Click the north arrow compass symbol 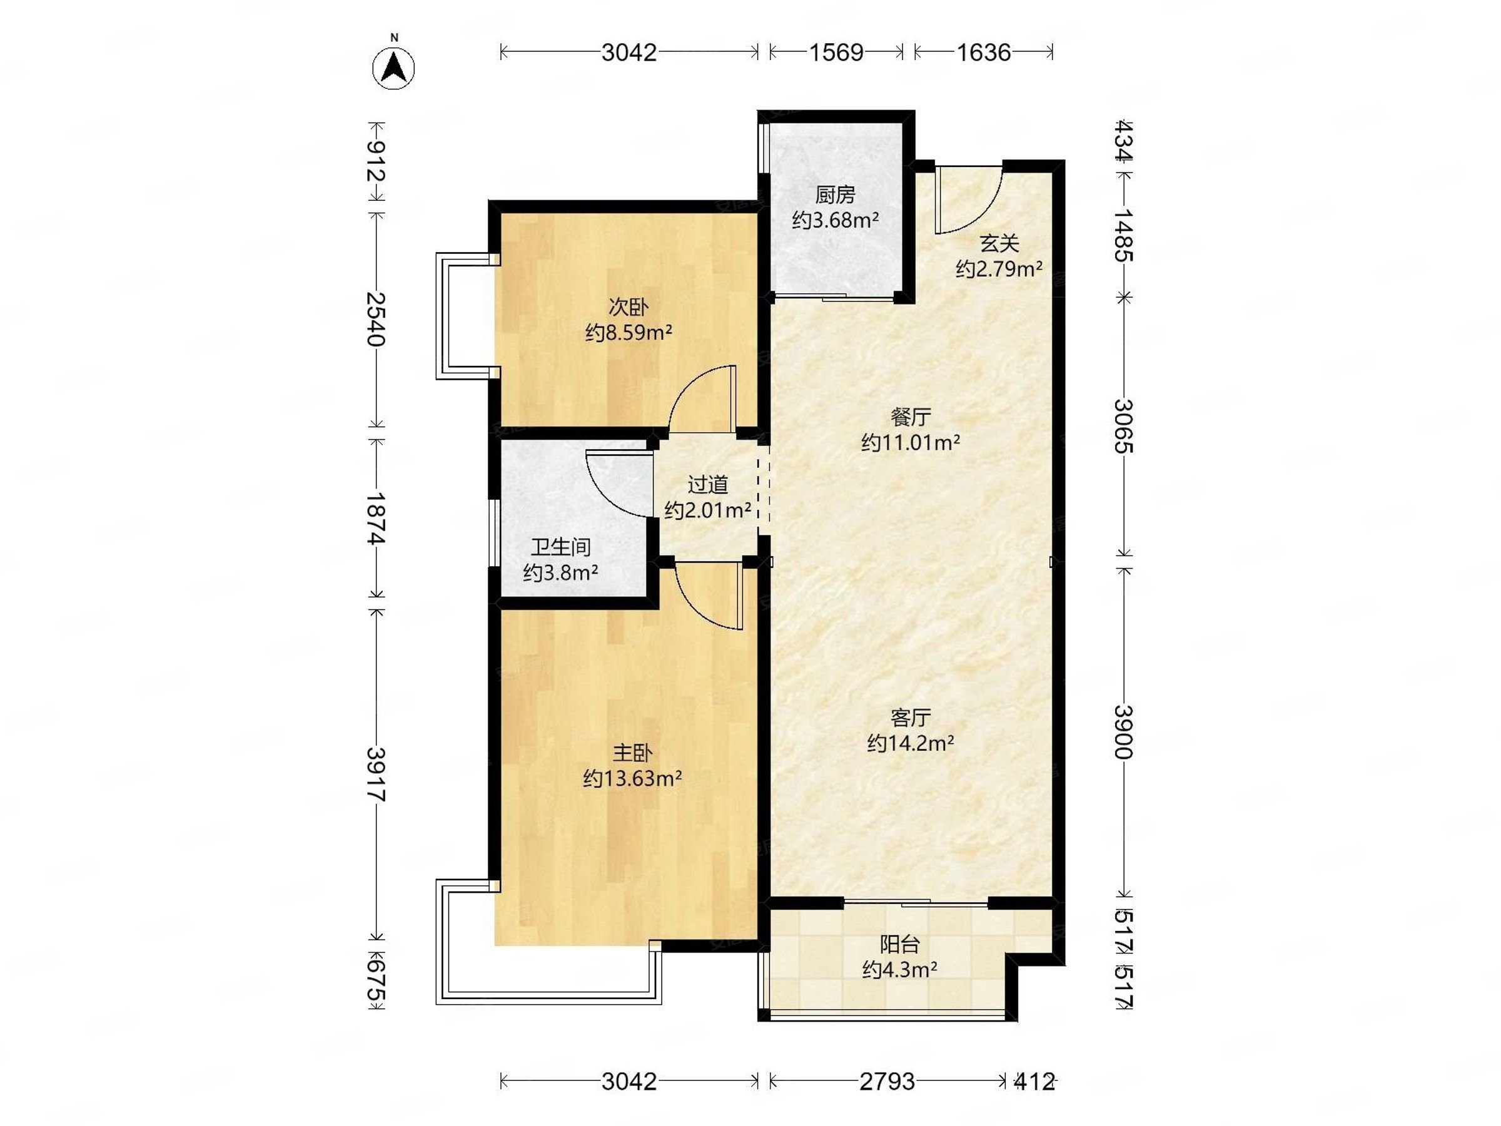393,68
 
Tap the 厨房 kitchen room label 835,195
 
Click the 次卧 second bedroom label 629,308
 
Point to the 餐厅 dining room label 911,416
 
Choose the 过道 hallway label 708,485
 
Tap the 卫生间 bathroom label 560,547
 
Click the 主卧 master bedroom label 632,753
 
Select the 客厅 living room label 911,718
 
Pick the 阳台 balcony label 900,944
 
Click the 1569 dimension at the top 836,53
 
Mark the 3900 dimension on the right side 1124,732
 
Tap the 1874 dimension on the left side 375,518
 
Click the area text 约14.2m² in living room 911,744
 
